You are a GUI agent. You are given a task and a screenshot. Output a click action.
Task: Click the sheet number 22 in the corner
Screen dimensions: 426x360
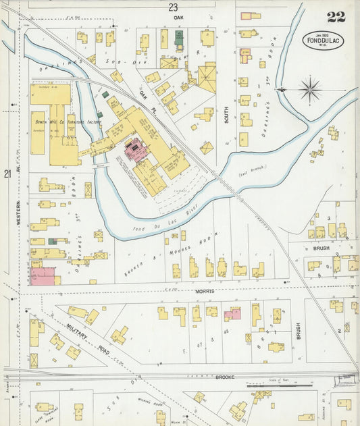[336, 17]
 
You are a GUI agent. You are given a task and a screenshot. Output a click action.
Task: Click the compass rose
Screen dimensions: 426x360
[309, 88]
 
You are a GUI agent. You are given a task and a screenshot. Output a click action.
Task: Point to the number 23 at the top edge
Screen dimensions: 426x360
[174, 7]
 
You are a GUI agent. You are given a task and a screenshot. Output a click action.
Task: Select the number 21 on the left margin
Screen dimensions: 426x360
[7, 174]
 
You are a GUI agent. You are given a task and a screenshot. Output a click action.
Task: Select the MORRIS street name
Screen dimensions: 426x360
[205, 291]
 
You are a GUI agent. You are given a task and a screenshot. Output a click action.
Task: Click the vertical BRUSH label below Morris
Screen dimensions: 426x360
[297, 331]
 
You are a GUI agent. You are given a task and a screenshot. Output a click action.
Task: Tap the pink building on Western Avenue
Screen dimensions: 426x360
[42, 276]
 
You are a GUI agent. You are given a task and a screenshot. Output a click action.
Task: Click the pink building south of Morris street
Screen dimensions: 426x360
[232, 314]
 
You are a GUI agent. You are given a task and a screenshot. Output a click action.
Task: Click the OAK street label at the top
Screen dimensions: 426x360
[178, 18]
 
